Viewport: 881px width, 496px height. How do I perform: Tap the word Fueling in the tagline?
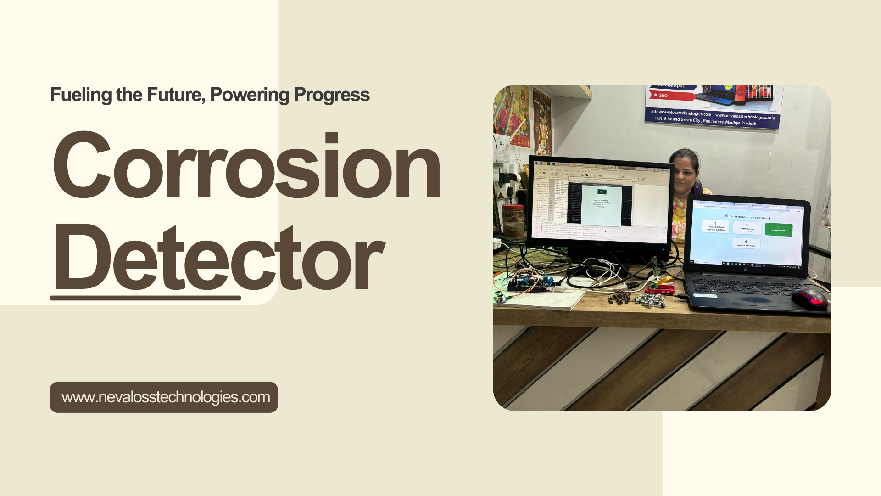pos(81,95)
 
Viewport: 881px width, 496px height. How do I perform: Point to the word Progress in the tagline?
pos(331,95)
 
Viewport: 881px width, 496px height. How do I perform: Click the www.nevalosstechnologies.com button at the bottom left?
pos(164,397)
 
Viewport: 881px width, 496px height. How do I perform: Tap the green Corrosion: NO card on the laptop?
pos(779,229)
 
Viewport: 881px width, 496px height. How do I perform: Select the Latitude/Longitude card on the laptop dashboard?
pos(715,226)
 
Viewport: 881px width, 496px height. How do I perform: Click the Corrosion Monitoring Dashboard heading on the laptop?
pos(747,217)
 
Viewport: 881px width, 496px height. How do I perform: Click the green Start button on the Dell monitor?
pos(602,192)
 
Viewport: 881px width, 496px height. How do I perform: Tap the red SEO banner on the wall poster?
pos(672,96)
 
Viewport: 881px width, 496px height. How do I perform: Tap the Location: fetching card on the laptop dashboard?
pos(746,243)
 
